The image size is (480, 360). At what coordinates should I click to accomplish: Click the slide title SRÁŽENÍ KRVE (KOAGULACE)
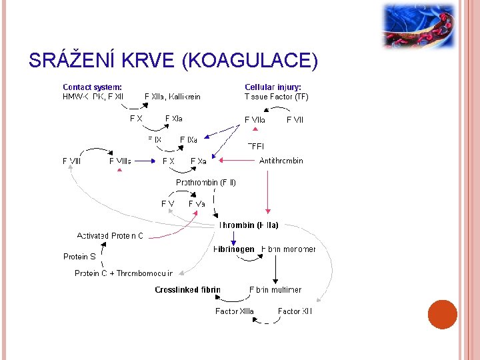(x=173, y=61)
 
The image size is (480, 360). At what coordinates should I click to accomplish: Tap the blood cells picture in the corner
(x=418, y=26)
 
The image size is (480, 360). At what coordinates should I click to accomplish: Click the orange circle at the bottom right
(x=442, y=315)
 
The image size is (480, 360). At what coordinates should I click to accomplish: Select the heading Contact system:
(x=92, y=87)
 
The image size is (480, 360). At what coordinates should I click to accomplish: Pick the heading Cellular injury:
(x=273, y=87)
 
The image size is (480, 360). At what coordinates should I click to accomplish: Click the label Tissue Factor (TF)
(x=276, y=97)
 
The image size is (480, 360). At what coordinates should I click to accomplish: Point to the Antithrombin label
(x=281, y=161)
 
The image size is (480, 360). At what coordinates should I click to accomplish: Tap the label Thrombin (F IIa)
(x=249, y=225)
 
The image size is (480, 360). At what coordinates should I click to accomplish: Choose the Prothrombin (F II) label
(x=205, y=182)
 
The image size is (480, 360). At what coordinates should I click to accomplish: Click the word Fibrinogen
(x=233, y=249)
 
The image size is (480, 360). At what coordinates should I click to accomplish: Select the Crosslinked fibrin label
(x=187, y=290)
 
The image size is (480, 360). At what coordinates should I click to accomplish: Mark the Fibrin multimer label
(x=275, y=290)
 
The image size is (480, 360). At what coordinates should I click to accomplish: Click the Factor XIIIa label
(x=234, y=311)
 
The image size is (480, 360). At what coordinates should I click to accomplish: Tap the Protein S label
(x=79, y=257)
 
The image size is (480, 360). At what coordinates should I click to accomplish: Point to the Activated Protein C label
(x=110, y=236)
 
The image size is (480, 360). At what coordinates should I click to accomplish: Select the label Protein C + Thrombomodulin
(x=123, y=273)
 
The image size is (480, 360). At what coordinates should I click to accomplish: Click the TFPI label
(x=256, y=145)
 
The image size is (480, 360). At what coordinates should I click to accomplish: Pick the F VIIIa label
(x=120, y=161)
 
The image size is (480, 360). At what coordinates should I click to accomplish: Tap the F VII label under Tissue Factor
(x=295, y=120)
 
